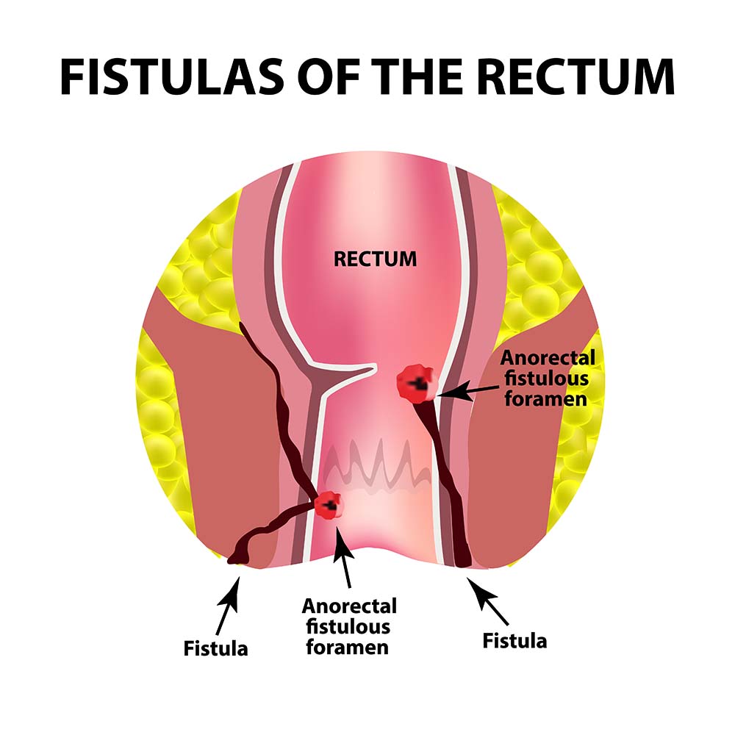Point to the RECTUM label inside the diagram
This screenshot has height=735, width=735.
tap(375, 259)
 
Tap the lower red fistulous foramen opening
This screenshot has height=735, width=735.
tap(328, 505)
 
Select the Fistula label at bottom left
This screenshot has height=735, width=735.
tap(216, 648)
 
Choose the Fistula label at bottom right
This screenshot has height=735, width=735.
tap(514, 640)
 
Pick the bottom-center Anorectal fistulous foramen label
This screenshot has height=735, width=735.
tap(349, 626)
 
